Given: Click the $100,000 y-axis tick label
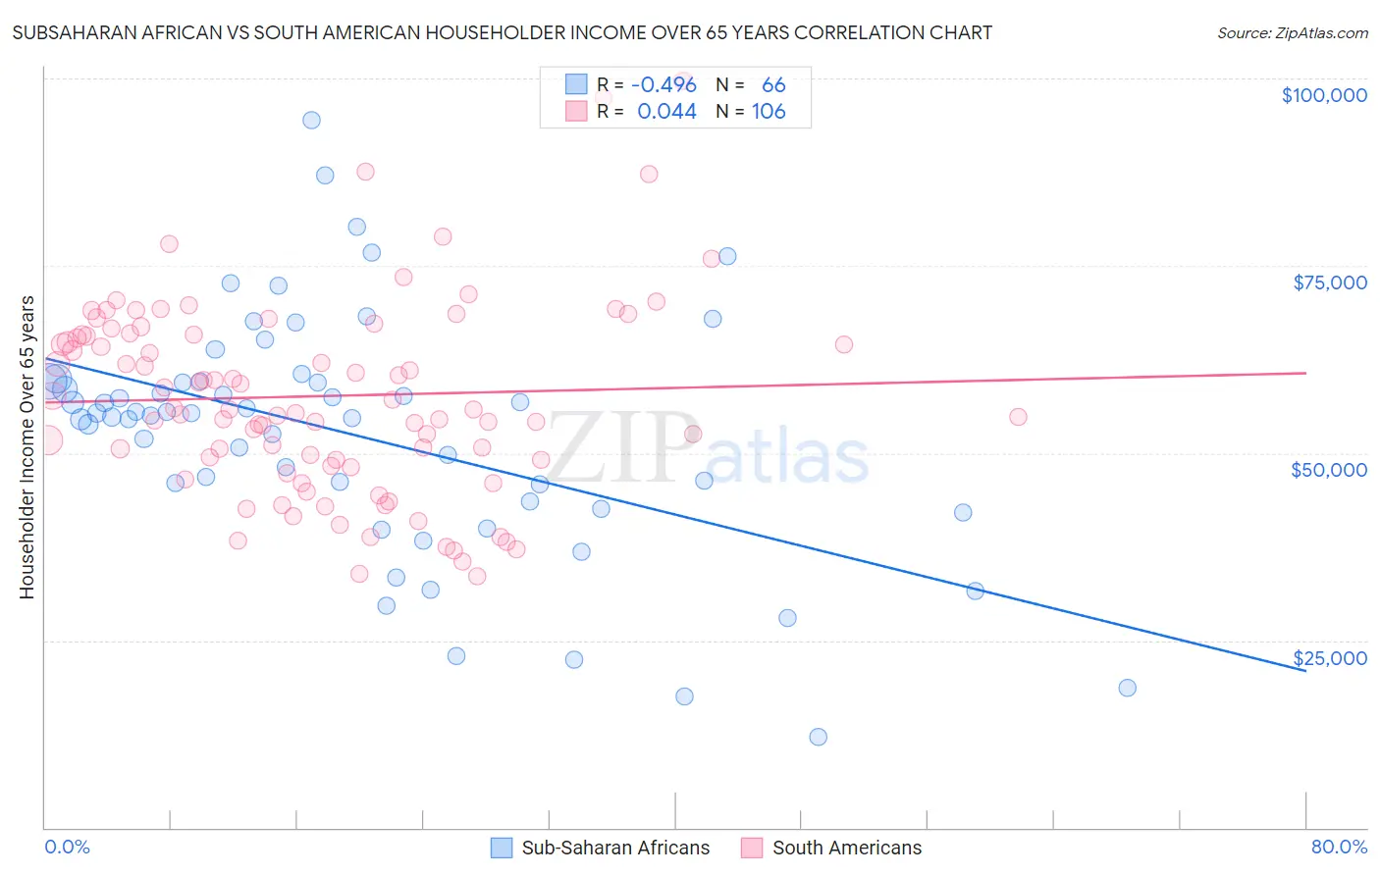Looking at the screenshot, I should tap(1324, 95).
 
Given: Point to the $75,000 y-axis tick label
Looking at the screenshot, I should tap(1330, 283).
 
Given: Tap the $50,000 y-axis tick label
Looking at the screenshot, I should tap(1329, 470).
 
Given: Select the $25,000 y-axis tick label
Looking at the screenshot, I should tap(1330, 658).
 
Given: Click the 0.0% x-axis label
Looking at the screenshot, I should tap(67, 848).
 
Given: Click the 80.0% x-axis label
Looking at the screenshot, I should tap(1339, 848).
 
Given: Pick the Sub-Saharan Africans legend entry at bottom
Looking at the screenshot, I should tap(600, 848).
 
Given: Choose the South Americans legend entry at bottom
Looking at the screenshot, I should tap(831, 848).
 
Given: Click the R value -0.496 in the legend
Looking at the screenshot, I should tap(663, 85).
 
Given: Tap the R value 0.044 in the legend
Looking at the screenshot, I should tap(666, 112).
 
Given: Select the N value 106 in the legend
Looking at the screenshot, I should tap(769, 112).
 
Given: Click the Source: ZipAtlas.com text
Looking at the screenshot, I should tap(1292, 33).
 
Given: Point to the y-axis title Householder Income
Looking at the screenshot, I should tap(27, 447).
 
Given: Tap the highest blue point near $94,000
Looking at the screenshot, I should tap(311, 120).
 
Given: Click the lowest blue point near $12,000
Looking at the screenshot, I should tap(818, 737).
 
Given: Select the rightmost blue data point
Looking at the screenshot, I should tap(1127, 688).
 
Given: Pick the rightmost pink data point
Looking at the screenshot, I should tap(1018, 417).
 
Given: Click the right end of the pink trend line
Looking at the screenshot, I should tap(1305, 373).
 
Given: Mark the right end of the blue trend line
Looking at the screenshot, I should tap(1305, 670).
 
